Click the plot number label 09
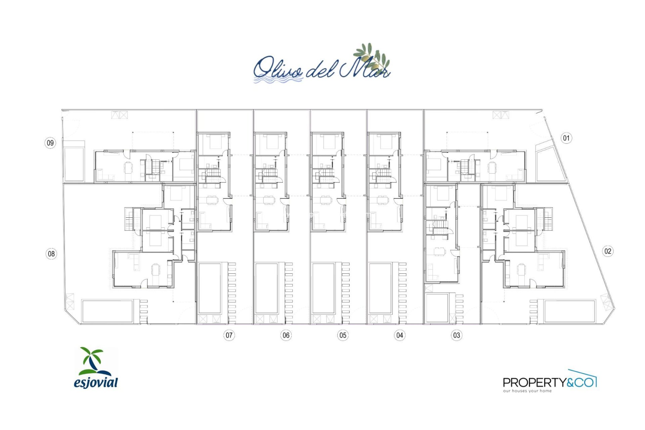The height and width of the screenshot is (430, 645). point(50,143)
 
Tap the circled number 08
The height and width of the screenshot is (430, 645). point(51,254)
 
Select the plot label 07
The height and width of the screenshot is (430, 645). point(229,335)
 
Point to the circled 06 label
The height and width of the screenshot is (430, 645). point(286,335)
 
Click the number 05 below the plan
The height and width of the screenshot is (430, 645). point(343,335)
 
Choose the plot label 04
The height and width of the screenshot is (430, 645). point(399,335)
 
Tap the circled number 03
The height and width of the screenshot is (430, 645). point(456,335)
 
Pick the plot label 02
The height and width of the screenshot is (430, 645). point(608,251)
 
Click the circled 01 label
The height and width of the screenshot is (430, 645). point(566,138)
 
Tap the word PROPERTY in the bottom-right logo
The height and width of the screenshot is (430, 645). point(534,382)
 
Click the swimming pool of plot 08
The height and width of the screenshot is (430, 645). point(107,311)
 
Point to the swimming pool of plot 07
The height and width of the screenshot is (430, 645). point(210,288)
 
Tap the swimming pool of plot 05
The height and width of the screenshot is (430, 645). point(323,288)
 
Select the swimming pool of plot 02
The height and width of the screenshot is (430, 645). point(569,311)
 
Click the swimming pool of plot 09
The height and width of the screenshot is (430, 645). point(74,164)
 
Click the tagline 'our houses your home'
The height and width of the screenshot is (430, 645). point(527,391)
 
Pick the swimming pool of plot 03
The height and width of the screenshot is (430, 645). point(437,308)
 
